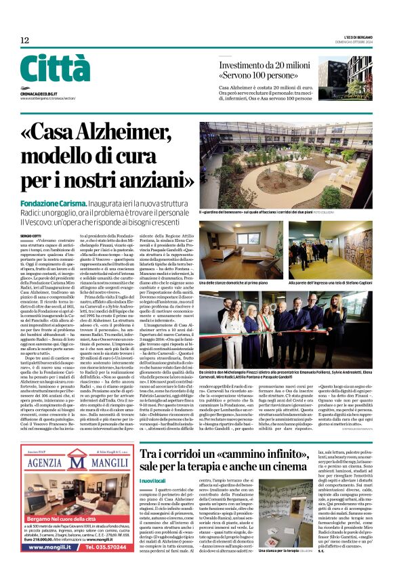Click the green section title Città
pos(55,69)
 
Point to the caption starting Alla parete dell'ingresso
pos(328,264)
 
